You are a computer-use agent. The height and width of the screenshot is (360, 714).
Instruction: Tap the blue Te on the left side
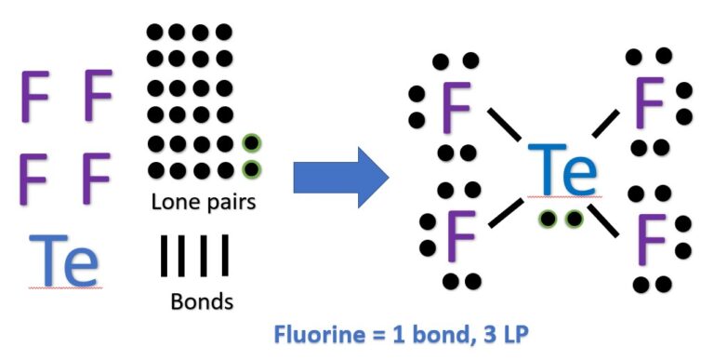coord(63,261)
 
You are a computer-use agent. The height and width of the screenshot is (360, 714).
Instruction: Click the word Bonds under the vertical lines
coord(202,302)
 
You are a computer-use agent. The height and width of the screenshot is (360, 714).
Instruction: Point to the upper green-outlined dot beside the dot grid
coord(250,144)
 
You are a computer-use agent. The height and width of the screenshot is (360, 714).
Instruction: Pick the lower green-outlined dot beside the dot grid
coord(250,169)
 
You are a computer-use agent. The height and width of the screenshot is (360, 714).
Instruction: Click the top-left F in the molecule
coord(456,107)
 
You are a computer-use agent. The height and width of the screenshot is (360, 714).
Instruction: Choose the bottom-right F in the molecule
coord(651,239)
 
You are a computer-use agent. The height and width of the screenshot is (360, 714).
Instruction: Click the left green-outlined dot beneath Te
coord(550,219)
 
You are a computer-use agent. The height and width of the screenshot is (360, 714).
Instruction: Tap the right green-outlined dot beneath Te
coord(575,219)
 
